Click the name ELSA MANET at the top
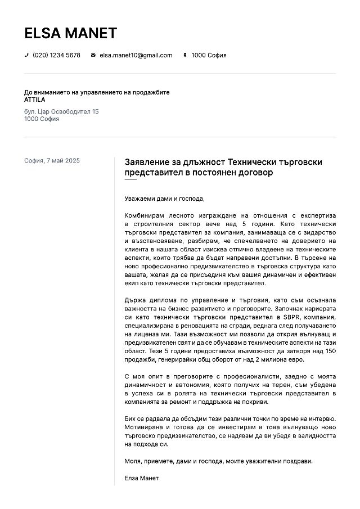pyautogui.click(x=70, y=33)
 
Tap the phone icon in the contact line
pyautogui.click(x=26, y=55)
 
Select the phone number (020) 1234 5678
pyautogui.click(x=56, y=55)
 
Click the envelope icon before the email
pyautogui.click(x=93, y=55)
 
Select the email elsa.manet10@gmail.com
pyautogui.click(x=136, y=55)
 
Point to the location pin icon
pyautogui.click(x=185, y=55)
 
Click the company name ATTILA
pyautogui.click(x=35, y=100)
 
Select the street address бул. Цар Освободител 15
pyautogui.click(x=61, y=111)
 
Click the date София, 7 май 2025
pyautogui.click(x=52, y=160)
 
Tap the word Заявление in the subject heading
pyautogui.click(x=147, y=161)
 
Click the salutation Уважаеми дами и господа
pyautogui.click(x=164, y=199)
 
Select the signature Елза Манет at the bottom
pyautogui.click(x=142, y=478)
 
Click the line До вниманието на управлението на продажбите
pyautogui.click(x=97, y=92)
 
